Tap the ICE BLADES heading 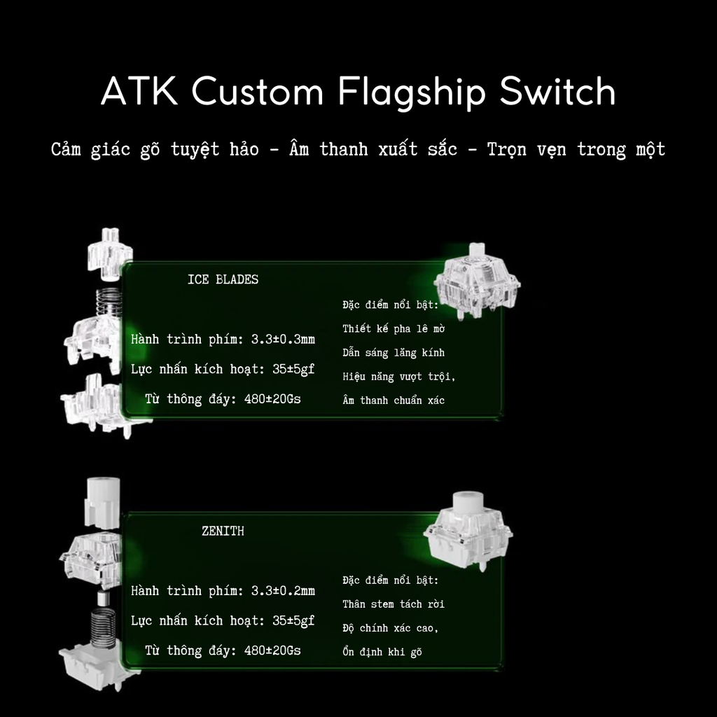(223, 279)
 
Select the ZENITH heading (223, 531)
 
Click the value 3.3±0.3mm (283, 340)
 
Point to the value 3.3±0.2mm (283, 591)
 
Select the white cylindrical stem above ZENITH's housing (103, 501)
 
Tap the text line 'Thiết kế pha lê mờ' (394, 328)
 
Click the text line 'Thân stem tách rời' (394, 604)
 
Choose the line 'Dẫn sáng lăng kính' (394, 353)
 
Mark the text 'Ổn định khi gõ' (382, 652)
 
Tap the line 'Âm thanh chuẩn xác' (394, 401)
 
